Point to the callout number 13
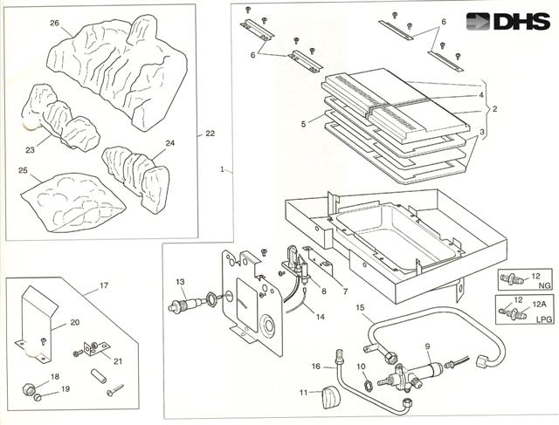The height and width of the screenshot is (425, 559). (180, 282)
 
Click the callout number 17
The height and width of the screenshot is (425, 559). (103, 284)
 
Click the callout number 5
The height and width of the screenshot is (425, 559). (304, 124)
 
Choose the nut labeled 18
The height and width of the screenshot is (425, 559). (29, 387)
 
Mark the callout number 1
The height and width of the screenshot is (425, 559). (223, 167)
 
